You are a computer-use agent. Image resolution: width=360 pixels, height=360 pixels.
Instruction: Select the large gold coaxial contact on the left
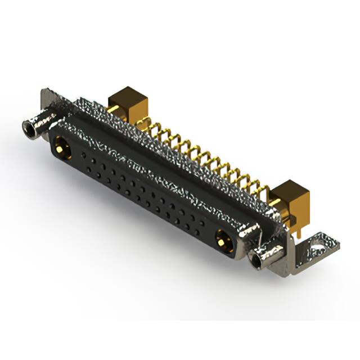pyautogui.click(x=60, y=149)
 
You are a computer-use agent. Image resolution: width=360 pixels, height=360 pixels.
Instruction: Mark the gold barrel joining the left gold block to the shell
pyautogui.click(x=112, y=110)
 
